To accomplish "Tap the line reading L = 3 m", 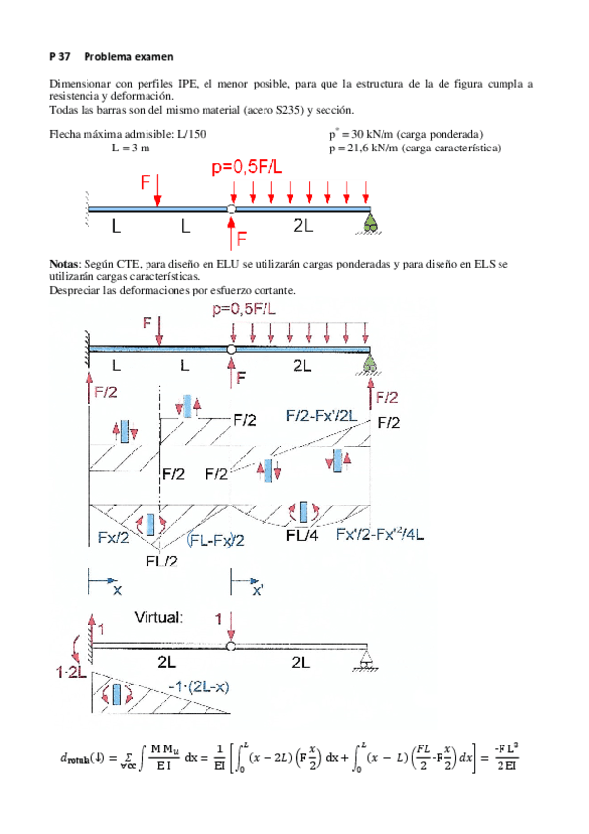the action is [130, 148].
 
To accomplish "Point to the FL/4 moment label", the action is [301, 536].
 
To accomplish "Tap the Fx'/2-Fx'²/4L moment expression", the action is [380, 535].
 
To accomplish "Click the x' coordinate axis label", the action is [257, 592].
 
